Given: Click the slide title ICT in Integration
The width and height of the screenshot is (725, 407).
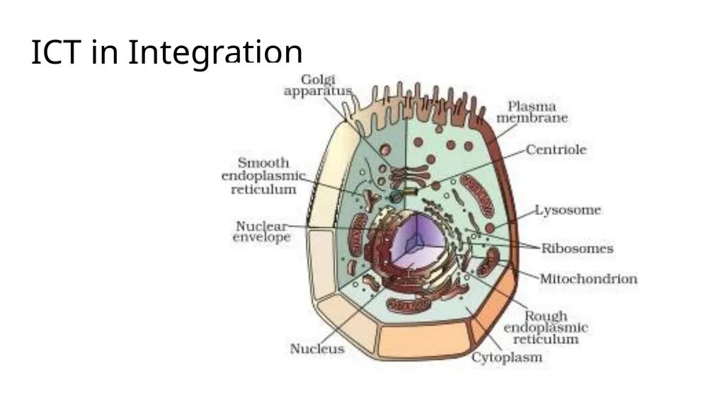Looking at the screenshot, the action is click(166, 52).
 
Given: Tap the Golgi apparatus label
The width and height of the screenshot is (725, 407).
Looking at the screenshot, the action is click(318, 85).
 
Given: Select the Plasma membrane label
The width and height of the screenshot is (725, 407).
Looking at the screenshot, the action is click(532, 112).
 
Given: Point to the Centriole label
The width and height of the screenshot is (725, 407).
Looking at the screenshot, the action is click(556, 149).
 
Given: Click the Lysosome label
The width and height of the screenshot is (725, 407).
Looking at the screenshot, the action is click(568, 210).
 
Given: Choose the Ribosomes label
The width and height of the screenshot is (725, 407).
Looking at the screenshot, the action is click(577, 248).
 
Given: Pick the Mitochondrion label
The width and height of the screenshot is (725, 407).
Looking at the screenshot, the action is click(588, 278).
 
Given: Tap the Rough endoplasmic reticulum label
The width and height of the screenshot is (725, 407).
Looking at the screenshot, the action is click(546, 328).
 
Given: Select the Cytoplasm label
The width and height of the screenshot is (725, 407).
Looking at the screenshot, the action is click(507, 357).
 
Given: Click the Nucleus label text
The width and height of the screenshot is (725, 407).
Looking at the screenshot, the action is click(317, 349).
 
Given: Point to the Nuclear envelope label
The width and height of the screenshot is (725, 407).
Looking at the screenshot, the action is click(262, 231).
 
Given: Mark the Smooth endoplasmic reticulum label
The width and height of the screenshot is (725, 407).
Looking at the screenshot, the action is click(263, 176).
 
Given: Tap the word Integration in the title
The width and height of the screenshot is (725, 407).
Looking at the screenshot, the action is click(215, 52).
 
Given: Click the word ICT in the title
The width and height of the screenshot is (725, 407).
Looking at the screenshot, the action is click(56, 52).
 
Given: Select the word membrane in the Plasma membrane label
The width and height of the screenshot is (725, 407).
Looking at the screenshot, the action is click(532, 118).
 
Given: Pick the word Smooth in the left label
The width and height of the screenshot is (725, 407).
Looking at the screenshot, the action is click(263, 163).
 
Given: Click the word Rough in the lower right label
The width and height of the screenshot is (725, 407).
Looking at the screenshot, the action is click(546, 316).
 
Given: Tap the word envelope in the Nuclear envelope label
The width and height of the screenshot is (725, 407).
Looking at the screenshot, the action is click(262, 238).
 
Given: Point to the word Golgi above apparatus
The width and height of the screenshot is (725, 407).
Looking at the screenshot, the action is click(318, 79).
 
